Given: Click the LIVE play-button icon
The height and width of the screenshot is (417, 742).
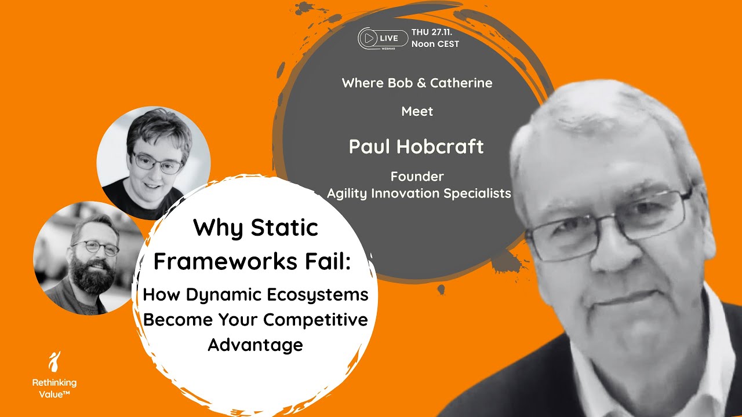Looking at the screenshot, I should click(x=368, y=38).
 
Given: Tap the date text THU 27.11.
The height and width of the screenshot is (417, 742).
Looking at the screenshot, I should click(x=435, y=32).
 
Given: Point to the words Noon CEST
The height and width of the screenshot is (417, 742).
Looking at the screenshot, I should click(x=435, y=44).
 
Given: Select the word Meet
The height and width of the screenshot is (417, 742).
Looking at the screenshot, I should click(x=417, y=111).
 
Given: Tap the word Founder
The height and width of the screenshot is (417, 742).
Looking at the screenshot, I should click(x=417, y=176).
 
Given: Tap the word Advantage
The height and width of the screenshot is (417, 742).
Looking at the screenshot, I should click(x=256, y=345).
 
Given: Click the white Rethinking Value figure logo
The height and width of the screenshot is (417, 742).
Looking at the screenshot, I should click(x=54, y=362).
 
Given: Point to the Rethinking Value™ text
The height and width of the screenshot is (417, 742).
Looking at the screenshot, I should click(x=54, y=387).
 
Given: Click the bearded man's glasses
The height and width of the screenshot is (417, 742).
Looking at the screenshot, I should click(x=96, y=247).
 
